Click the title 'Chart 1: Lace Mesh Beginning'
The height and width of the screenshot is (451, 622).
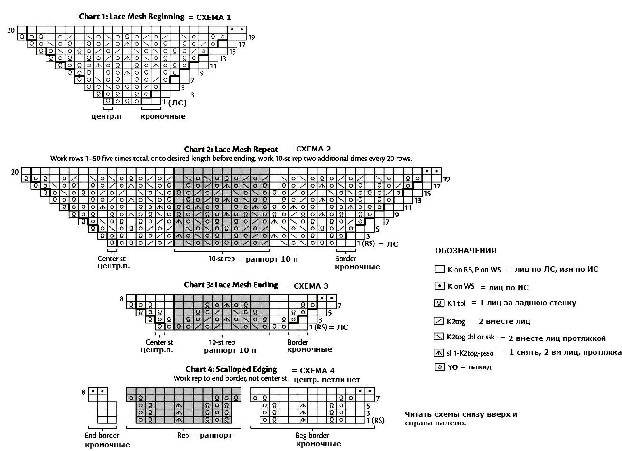coord(131,17)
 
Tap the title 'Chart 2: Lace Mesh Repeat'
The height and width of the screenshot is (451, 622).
coord(231,149)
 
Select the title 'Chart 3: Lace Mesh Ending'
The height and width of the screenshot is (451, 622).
coord(231,285)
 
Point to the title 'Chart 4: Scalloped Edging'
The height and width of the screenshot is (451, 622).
coord(231,369)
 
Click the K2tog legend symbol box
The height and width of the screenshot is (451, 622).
coord(439,321)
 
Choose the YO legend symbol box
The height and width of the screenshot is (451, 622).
coord(439,367)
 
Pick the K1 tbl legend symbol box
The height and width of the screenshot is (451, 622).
coord(439,303)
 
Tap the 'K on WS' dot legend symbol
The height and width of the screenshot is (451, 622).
coord(439,287)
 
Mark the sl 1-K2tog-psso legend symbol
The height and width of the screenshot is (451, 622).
coord(439,353)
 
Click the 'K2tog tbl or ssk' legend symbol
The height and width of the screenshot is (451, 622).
coord(439,337)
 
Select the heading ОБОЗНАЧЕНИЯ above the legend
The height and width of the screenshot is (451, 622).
coord(465,251)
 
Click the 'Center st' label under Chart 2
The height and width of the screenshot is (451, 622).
coord(114,259)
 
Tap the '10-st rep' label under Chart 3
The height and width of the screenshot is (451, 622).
coord(222,342)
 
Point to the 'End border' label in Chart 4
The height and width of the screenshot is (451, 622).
coord(102,435)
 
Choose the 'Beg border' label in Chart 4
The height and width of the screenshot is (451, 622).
coord(313,435)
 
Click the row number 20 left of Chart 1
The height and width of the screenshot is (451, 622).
coord(11,30)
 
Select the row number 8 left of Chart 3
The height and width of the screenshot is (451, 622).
coord(121,299)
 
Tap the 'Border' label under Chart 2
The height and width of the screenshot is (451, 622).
coord(345,259)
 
